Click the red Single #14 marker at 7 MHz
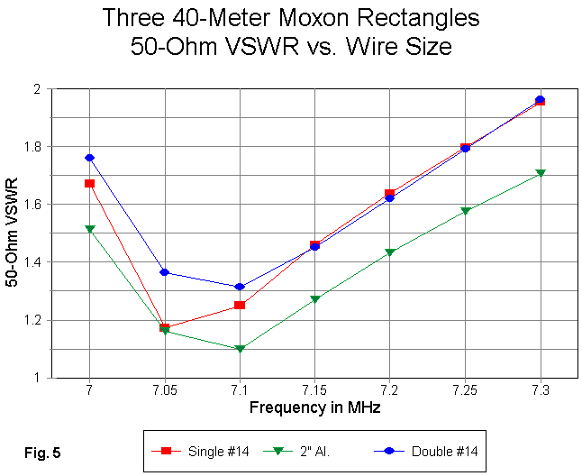click(x=90, y=183)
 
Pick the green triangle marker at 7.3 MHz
click(x=540, y=173)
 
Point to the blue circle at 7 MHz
click(x=90, y=158)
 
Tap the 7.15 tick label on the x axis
click(x=314, y=392)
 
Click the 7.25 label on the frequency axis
click(x=465, y=392)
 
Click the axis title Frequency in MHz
click(x=314, y=407)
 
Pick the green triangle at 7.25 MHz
click(x=465, y=212)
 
